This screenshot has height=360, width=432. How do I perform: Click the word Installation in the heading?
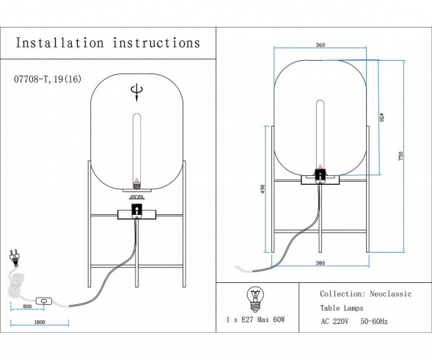coord(60,43)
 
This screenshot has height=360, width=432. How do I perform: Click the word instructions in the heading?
coord(156,43)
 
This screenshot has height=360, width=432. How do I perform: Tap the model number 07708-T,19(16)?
coord(48,79)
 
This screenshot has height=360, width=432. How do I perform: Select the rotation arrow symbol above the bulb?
coord(136,92)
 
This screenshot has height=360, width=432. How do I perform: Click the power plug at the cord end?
coord(14,258)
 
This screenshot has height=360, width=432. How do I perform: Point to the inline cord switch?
coord(44,301)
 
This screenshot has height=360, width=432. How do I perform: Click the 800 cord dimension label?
coord(27,306)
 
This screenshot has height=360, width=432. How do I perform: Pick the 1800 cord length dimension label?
coord(40,322)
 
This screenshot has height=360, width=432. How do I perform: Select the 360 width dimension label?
coord(320,45)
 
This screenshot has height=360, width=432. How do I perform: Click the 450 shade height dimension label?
coord(381,117)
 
